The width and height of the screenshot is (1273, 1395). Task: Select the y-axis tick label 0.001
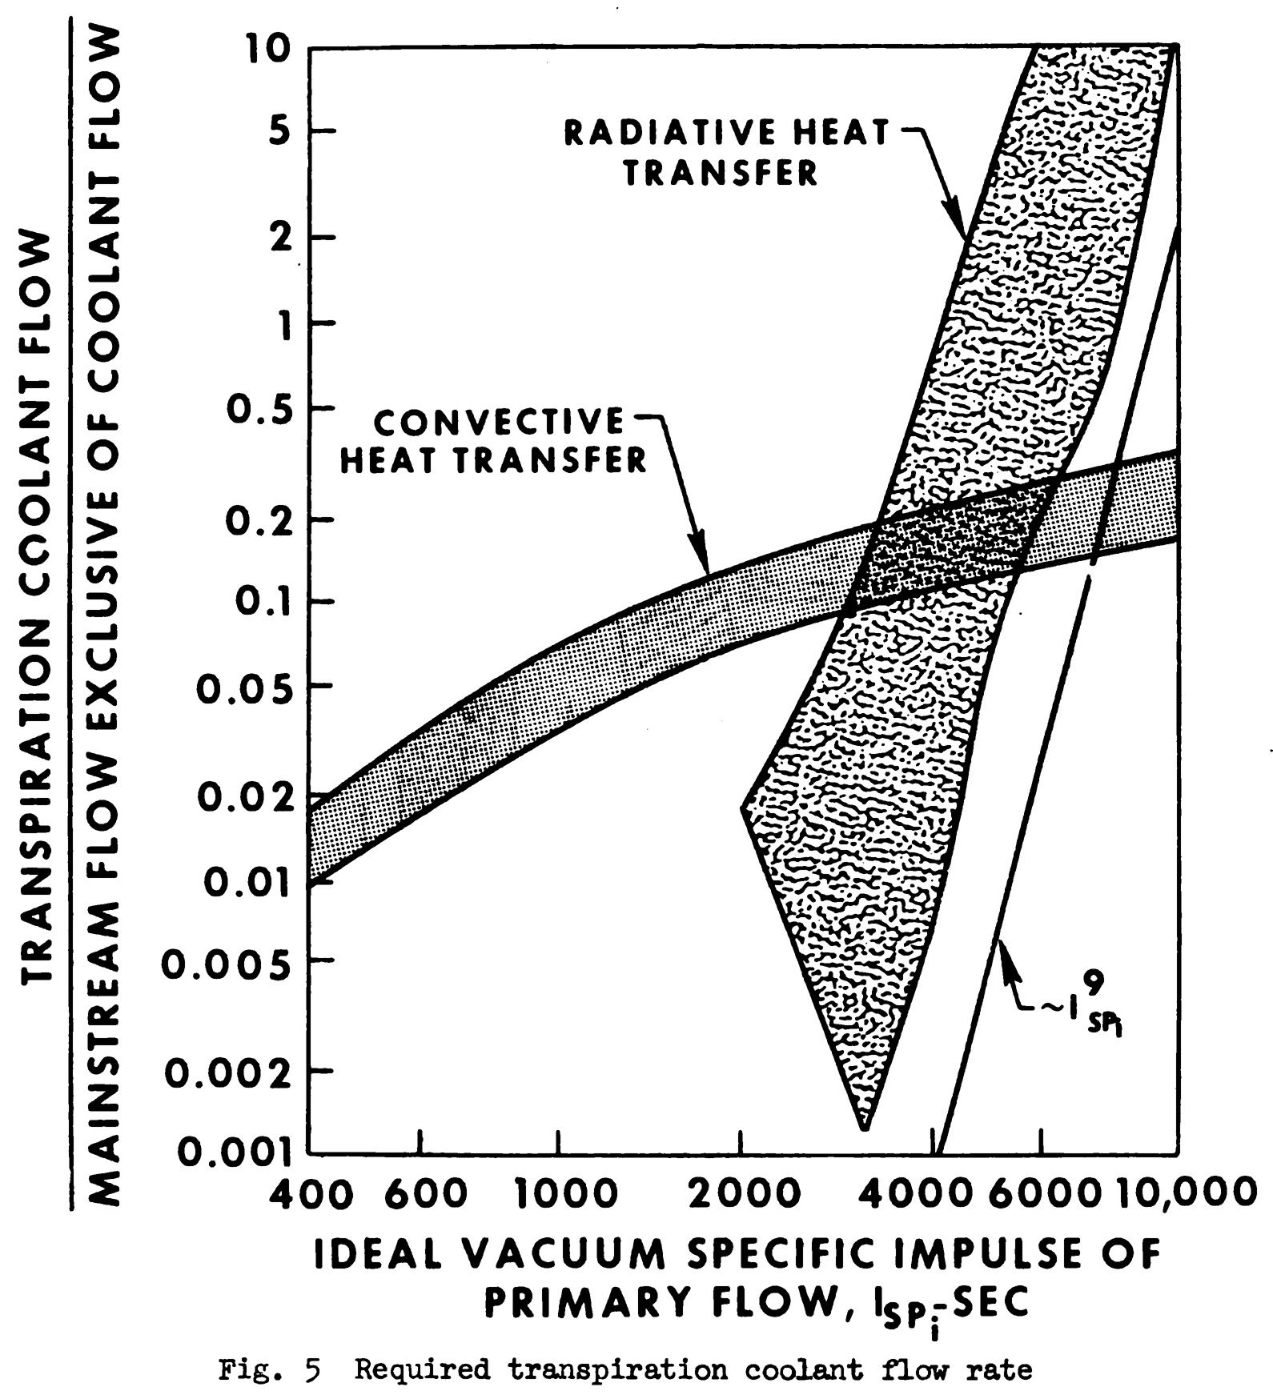pos(233,1152)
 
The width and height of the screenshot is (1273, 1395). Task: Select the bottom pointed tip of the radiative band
pos(864,1129)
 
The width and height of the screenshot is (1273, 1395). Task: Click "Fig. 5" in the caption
pos(269,1370)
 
